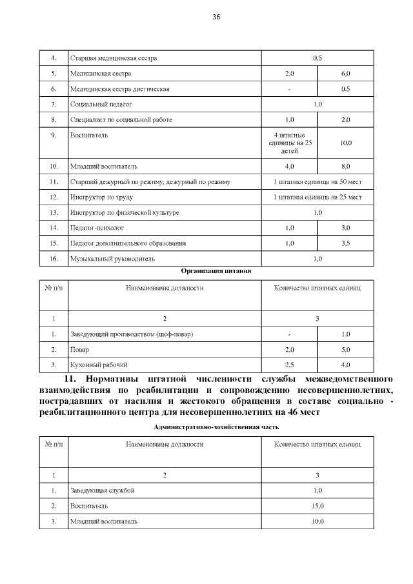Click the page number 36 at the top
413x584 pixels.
216,17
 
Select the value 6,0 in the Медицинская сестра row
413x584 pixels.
345,74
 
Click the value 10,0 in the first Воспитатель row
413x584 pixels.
345,143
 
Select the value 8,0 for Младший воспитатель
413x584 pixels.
345,166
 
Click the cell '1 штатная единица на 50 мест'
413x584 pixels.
317,182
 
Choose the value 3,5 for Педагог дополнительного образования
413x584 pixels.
345,243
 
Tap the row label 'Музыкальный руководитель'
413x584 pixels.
112,259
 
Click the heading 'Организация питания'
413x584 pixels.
216,271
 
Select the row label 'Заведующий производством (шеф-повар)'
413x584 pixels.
132,334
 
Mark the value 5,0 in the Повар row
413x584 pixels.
345,350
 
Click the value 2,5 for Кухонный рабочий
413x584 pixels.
290,365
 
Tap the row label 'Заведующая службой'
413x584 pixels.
102,490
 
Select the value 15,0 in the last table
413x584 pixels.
317,506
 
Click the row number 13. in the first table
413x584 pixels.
54,212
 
